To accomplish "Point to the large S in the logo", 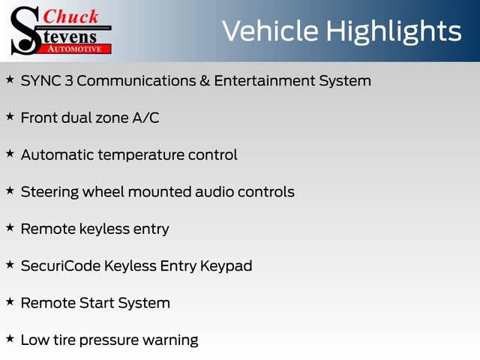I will click(25, 30).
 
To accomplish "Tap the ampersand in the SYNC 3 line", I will click(205, 80).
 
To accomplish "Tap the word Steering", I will click(49, 192).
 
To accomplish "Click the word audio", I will click(214, 192).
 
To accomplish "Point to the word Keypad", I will click(226, 266).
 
